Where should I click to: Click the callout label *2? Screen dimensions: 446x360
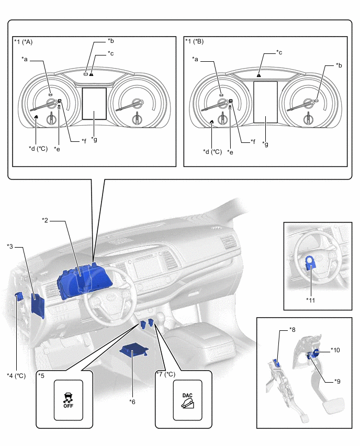point(46,220)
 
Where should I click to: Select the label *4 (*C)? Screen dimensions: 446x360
point(16,375)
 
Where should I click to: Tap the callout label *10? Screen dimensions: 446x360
point(335,350)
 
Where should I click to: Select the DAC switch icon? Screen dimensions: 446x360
point(188,399)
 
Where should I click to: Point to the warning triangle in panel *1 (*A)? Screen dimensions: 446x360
point(91,74)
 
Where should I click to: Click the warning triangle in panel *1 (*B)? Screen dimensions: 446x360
point(259,75)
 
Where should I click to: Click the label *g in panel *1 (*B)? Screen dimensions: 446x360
point(266,144)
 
